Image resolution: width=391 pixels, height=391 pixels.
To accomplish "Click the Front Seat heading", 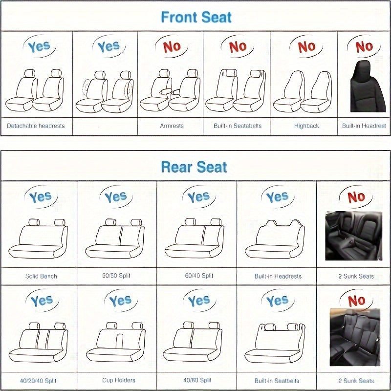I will [196, 18].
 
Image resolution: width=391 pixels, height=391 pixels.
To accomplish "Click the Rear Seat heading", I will [194, 167].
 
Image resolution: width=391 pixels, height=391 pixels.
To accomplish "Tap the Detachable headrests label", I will [36, 126].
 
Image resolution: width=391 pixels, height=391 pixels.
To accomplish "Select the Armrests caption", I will [172, 126].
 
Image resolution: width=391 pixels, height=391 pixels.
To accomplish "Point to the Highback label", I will [306, 126].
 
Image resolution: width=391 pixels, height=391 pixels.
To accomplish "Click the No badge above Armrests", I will [172, 47].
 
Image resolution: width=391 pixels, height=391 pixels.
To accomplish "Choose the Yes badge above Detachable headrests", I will [39, 47].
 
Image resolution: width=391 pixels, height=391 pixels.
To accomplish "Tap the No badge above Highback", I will [306, 47].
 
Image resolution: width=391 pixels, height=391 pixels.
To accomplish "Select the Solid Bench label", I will [41, 276].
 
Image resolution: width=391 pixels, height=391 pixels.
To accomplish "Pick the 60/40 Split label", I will [198, 276].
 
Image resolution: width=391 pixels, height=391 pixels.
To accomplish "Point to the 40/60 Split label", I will [197, 380].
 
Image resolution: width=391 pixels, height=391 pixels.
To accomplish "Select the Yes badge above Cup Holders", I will [120, 301].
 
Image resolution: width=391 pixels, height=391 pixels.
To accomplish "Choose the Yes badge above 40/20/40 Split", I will [42, 301].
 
